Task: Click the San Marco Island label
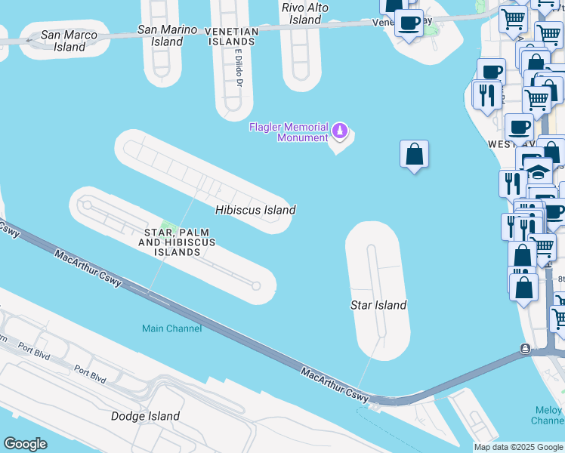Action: click(x=63, y=41)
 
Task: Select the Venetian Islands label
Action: click(x=232, y=36)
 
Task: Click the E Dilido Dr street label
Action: click(x=237, y=68)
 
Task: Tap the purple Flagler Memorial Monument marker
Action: click(x=341, y=131)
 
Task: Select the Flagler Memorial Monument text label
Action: click(x=290, y=132)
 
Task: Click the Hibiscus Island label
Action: click(x=255, y=210)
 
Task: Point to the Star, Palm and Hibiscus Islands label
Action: click(x=177, y=242)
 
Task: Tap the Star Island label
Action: click(x=378, y=305)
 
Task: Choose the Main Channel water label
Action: click(x=172, y=328)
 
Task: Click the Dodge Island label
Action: click(x=145, y=416)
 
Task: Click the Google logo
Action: click(x=25, y=444)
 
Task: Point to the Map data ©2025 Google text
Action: click(x=518, y=448)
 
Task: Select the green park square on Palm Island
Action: click(x=169, y=229)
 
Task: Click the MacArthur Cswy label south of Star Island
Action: click(x=335, y=385)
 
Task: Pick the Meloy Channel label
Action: click(x=547, y=415)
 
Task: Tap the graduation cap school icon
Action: click(x=537, y=169)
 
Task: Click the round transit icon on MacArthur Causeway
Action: click(x=525, y=349)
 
